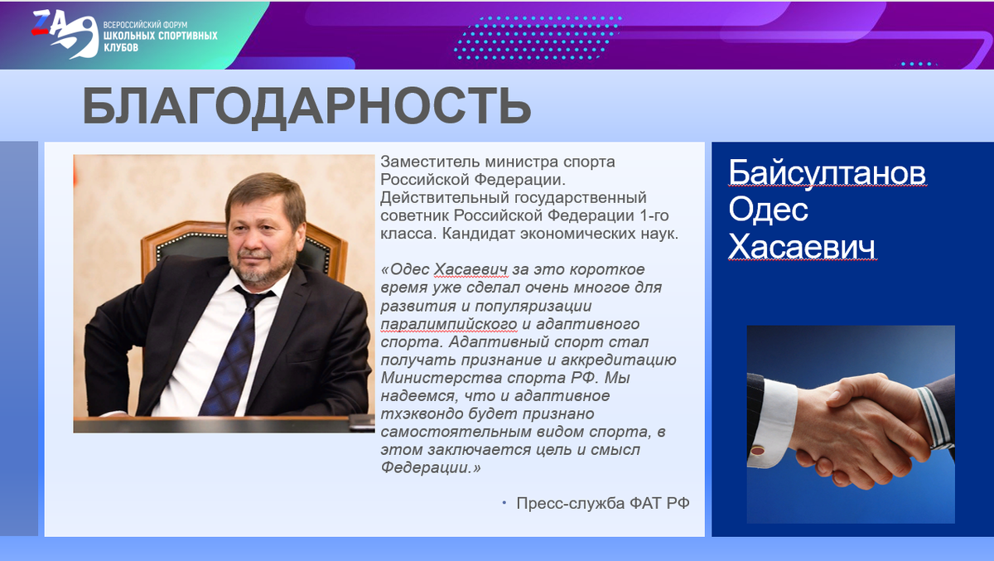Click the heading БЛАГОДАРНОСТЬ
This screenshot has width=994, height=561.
306,106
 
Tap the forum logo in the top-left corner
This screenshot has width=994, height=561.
63,34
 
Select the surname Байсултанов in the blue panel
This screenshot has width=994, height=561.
827,174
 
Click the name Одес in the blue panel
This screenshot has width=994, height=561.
768,210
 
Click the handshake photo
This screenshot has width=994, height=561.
851,423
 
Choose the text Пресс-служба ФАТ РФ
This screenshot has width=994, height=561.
602,504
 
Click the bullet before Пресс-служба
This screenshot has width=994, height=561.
503,503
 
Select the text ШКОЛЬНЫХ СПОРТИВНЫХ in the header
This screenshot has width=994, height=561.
160,36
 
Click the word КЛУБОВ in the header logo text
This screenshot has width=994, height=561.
121,48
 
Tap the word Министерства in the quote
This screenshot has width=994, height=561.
431,378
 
